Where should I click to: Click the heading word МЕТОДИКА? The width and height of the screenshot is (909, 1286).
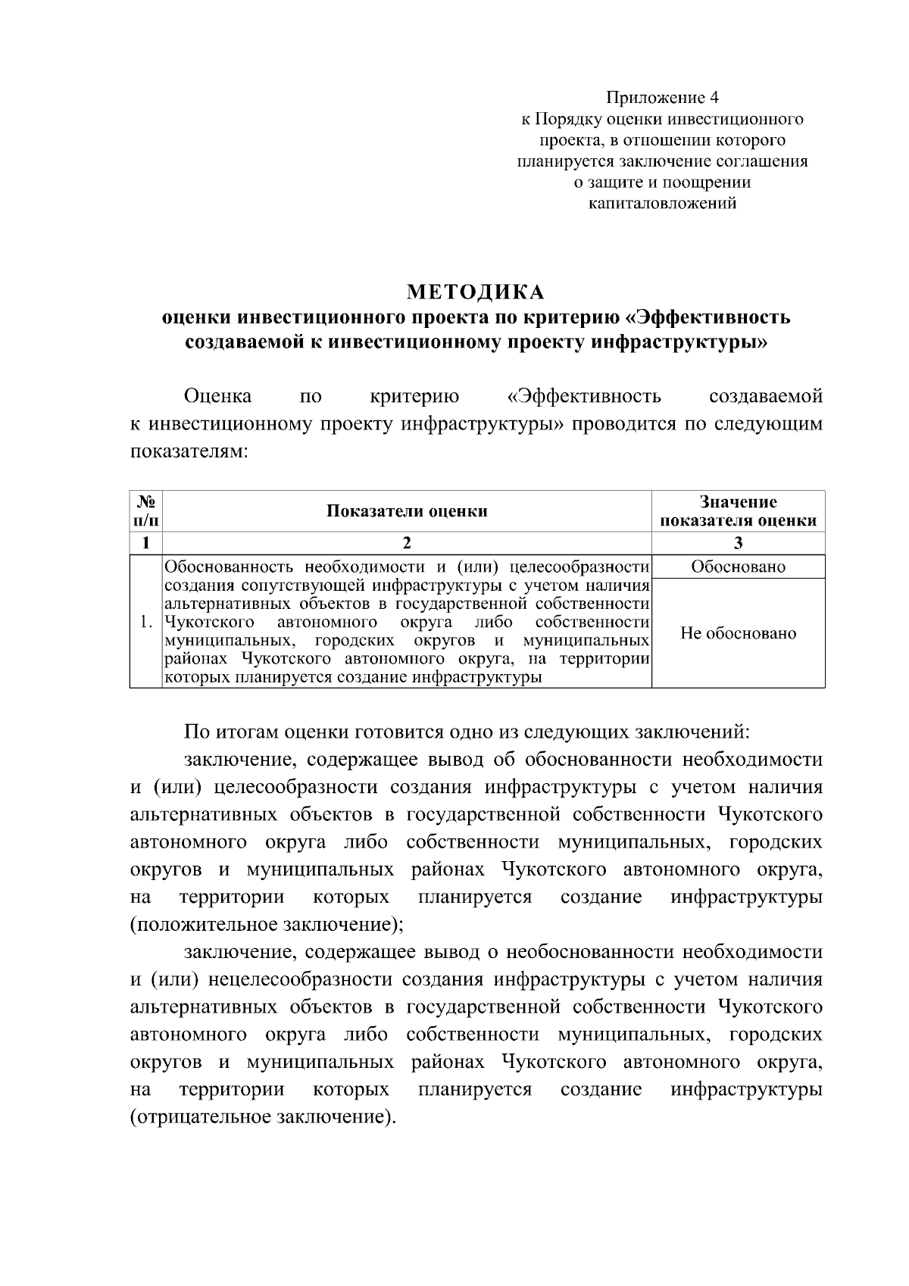[476, 292]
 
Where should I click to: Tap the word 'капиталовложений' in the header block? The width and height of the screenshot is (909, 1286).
[663, 203]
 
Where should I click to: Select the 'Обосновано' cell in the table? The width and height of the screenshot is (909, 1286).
[738, 567]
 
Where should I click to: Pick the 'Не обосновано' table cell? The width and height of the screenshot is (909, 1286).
[738, 633]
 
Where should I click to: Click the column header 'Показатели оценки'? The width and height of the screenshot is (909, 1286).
[407, 510]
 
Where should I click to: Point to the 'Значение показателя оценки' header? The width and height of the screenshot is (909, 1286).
[738, 510]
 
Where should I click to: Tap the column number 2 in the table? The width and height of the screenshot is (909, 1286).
[407, 542]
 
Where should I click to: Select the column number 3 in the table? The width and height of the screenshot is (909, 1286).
[738, 542]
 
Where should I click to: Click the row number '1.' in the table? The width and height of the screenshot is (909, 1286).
[147, 623]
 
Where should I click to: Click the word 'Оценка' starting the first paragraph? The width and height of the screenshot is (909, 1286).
[218, 396]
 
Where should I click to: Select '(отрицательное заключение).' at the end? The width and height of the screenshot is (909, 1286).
[263, 1117]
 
